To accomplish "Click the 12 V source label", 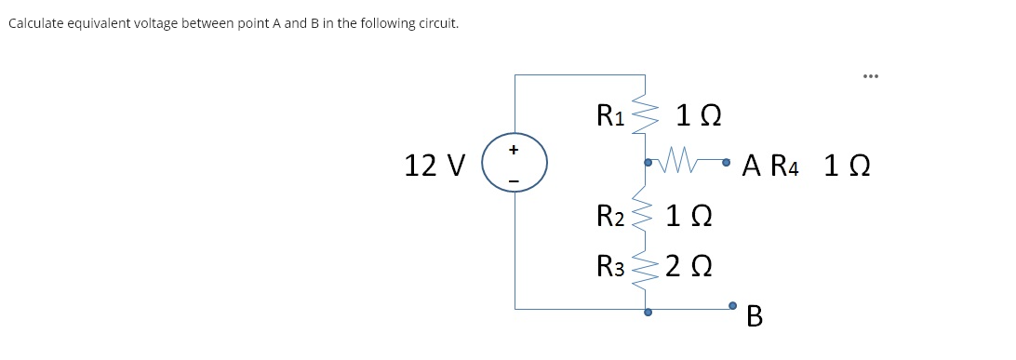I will point(434,167).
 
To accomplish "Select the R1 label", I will point(610,116).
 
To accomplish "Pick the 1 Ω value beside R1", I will point(697,117).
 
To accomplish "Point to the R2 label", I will point(610,218).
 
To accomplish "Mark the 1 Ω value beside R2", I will point(689,218).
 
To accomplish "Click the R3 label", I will point(610,265).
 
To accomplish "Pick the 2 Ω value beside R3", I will point(689,266).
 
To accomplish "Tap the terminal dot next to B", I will point(733,305).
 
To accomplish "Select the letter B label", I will point(755,318).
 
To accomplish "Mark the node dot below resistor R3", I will point(648,313).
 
